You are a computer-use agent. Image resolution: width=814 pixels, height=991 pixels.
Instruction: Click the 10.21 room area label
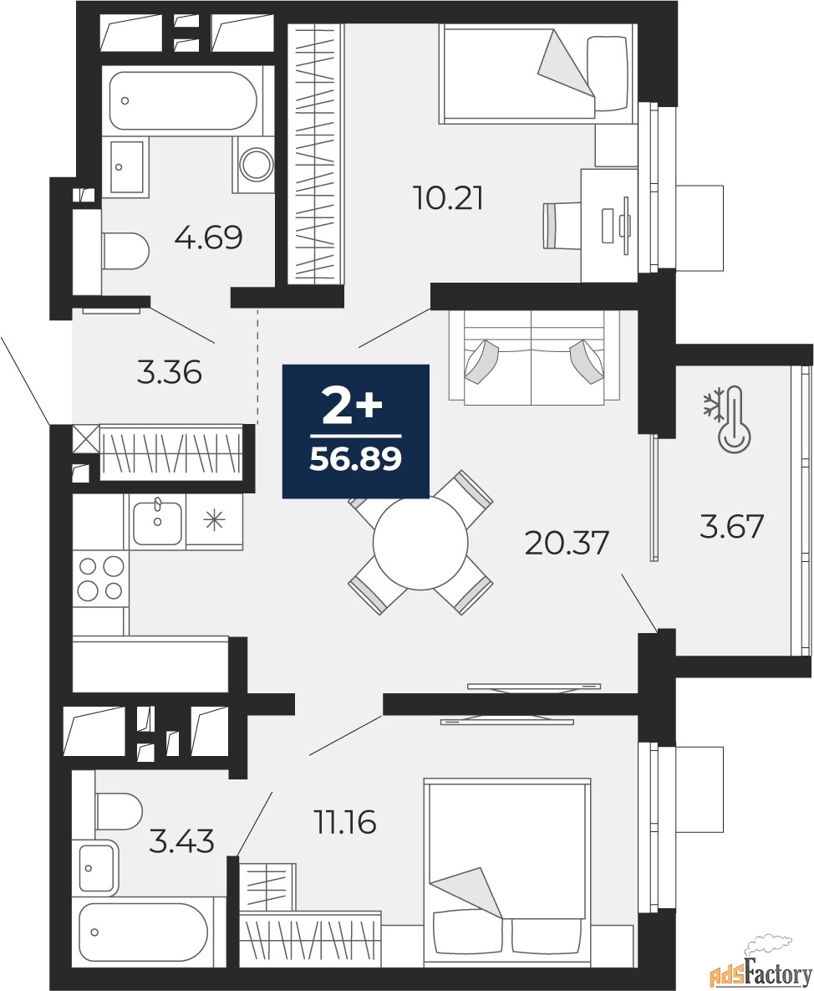point(448,198)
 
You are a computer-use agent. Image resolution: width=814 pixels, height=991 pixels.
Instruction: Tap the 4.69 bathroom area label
point(209,238)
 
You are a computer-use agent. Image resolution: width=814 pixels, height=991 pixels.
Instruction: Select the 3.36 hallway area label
point(170,372)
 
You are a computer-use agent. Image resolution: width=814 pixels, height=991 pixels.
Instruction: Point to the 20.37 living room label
point(567,543)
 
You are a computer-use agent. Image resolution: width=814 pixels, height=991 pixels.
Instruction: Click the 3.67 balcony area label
point(732,527)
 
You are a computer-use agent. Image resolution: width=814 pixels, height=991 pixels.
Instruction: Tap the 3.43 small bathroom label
point(182,842)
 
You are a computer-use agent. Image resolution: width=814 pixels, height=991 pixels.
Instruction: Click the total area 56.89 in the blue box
point(355,459)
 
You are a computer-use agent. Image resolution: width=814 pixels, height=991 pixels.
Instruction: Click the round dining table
point(420,542)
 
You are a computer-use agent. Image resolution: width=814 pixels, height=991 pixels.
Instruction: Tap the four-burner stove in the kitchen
point(100,579)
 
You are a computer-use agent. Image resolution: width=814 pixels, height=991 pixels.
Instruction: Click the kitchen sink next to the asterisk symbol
point(157,521)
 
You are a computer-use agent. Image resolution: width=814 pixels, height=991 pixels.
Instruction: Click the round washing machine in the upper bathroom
point(256,164)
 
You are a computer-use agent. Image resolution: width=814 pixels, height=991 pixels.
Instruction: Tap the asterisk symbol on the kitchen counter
point(214,521)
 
